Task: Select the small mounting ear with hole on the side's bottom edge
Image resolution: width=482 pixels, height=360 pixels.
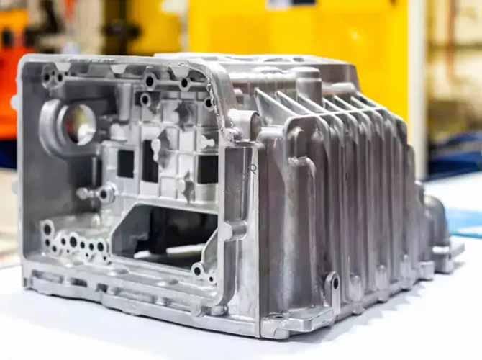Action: pyautogui.click(x=332, y=282)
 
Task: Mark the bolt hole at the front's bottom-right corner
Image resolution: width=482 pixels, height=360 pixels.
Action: pyautogui.click(x=198, y=271)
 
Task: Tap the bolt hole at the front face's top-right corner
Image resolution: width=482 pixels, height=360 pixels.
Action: pyautogui.click(x=208, y=102)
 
